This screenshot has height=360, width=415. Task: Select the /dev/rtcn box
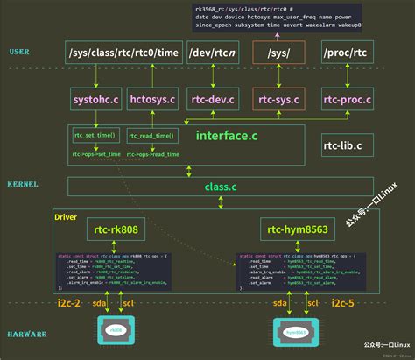[x=213, y=54]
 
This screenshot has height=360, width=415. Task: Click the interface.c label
[x=226, y=136]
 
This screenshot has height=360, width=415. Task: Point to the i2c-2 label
[x=67, y=302]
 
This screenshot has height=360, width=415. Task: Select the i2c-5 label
[x=342, y=302]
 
